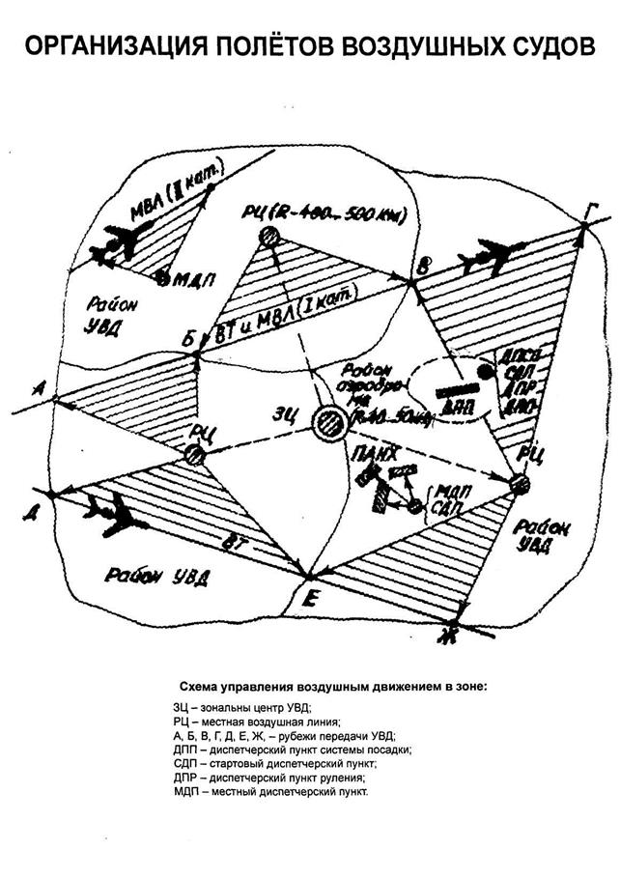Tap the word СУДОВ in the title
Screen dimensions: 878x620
543,47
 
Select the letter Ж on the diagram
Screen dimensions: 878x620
445,634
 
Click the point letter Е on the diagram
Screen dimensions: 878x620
309,598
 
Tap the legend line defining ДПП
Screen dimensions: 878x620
289,749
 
